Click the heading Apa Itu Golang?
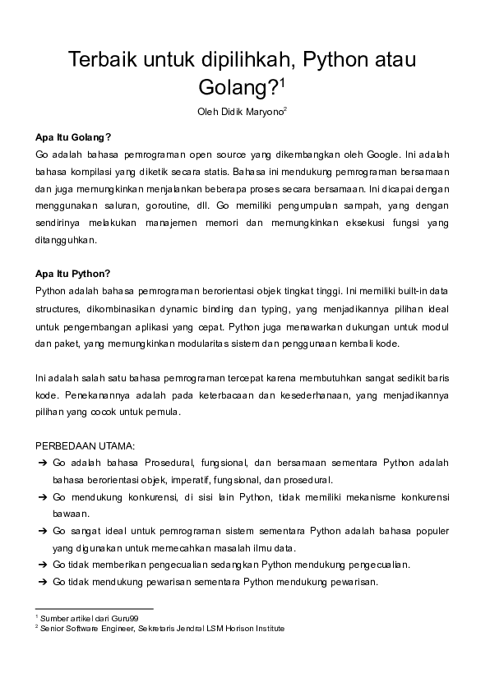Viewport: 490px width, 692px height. [x=73, y=136]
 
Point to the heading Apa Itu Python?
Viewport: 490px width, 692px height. [x=72, y=274]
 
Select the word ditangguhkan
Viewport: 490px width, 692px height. [x=67, y=240]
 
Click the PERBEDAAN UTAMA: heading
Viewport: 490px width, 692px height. [x=85, y=445]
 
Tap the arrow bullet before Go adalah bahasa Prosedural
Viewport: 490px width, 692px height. [x=42, y=463]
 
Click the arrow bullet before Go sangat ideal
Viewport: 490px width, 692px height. [x=42, y=531]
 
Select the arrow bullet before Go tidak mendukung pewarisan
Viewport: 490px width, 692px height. [x=42, y=582]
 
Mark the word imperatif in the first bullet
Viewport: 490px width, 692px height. [x=190, y=480]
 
